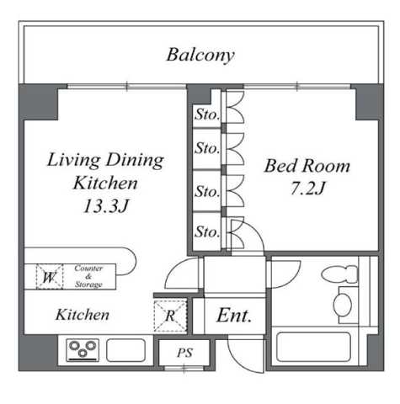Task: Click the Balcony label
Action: [x=200, y=55]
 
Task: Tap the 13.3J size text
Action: [x=106, y=206]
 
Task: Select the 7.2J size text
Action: [x=307, y=188]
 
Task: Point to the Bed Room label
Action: [x=307, y=166]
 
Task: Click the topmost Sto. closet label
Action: [x=207, y=114]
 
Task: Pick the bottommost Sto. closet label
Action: [x=207, y=231]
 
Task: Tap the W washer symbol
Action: [x=50, y=277]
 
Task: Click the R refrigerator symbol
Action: [x=170, y=316]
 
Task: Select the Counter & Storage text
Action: [x=88, y=276]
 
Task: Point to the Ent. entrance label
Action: [x=234, y=316]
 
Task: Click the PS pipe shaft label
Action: [x=184, y=353]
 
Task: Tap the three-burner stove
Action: [x=83, y=350]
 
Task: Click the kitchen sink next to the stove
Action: [x=126, y=350]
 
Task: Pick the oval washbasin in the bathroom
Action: [x=343, y=305]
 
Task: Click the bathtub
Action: [x=313, y=347]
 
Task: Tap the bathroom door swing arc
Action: [x=293, y=279]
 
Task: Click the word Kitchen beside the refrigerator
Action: [x=83, y=315]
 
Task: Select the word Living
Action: [x=73, y=160]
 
